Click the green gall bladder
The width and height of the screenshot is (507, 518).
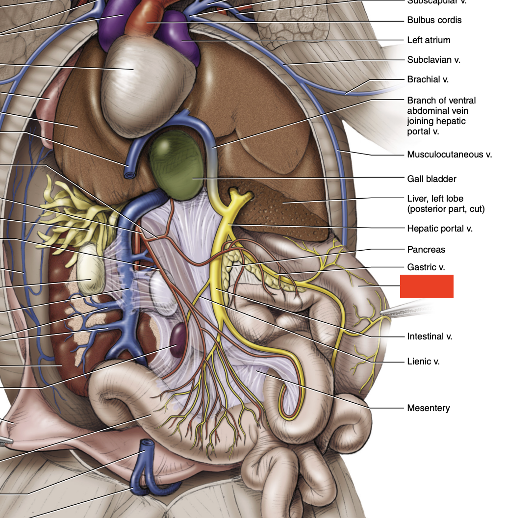pos(176,164)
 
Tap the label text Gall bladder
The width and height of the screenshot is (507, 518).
pos(431,179)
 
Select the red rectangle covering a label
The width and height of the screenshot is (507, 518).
pos(427,286)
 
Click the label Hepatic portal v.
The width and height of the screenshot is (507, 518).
pos(439,229)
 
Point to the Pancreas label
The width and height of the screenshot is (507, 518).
pos(426,250)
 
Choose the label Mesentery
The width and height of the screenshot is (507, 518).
pos(428,408)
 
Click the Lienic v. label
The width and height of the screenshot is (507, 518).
pos(423,362)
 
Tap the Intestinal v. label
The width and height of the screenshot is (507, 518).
pos(430,337)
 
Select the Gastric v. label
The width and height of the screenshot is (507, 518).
pos(426,267)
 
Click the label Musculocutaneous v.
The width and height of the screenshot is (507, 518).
pos(449,155)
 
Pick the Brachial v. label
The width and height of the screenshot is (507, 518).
pos(428,79)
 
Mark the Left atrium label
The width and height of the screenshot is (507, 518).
pos(429,40)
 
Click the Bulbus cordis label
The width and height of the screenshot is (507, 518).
pos(434,20)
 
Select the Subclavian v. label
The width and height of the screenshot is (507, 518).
pos(433,60)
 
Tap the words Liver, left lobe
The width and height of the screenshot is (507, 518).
pos(435,199)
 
